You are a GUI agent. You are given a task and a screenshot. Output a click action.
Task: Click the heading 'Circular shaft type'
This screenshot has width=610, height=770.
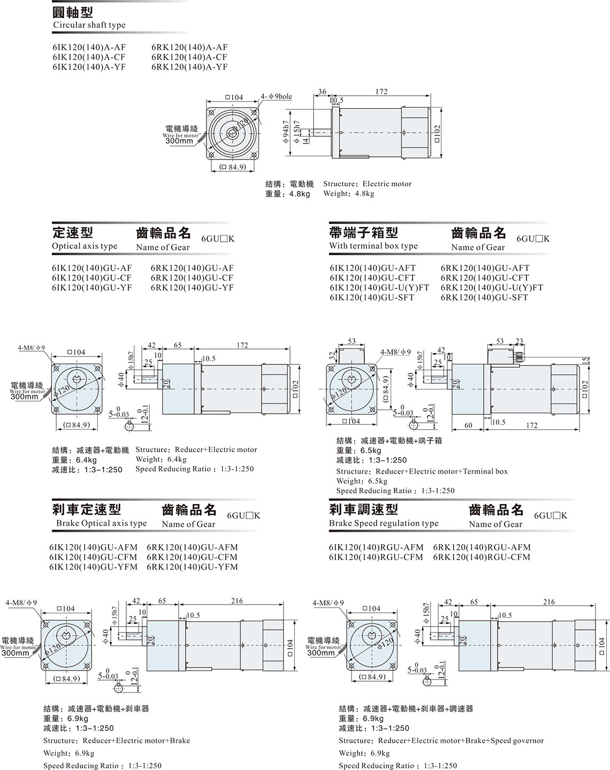(x=89, y=25)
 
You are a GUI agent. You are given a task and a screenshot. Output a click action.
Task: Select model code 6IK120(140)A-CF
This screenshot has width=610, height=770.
(x=89, y=57)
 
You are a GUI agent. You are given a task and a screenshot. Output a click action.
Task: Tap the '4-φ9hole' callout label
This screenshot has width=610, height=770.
(x=276, y=96)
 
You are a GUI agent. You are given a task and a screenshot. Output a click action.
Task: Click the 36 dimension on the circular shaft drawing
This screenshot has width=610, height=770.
(x=322, y=92)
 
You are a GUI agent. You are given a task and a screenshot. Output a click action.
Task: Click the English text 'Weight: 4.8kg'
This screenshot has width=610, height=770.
(x=349, y=194)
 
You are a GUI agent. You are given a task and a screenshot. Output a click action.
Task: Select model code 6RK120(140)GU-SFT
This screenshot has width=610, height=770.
(x=484, y=298)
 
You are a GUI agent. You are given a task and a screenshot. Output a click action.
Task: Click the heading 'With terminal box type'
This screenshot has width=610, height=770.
(x=373, y=246)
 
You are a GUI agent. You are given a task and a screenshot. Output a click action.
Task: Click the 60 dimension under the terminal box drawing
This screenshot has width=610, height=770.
(x=468, y=425)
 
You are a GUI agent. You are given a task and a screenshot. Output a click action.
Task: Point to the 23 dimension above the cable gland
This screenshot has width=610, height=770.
(x=519, y=341)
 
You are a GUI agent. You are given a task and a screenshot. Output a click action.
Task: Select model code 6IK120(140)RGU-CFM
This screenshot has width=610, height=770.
(x=376, y=557)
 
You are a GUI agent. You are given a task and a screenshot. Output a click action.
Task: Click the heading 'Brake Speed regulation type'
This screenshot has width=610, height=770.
(x=384, y=523)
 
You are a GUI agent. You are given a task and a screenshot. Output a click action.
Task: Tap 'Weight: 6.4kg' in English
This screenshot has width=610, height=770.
(x=161, y=460)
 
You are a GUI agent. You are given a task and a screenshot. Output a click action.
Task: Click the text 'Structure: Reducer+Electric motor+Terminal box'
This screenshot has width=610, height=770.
(x=422, y=471)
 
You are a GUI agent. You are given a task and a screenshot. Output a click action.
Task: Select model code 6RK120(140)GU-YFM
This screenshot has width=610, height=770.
(x=192, y=567)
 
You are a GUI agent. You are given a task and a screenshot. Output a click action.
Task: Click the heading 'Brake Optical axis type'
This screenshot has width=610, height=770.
(x=102, y=523)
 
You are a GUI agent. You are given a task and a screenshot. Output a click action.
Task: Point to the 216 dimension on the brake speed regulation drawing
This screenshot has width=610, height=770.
(x=549, y=602)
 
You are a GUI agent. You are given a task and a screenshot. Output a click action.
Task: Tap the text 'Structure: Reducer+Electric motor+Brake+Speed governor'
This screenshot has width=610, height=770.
(x=441, y=741)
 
